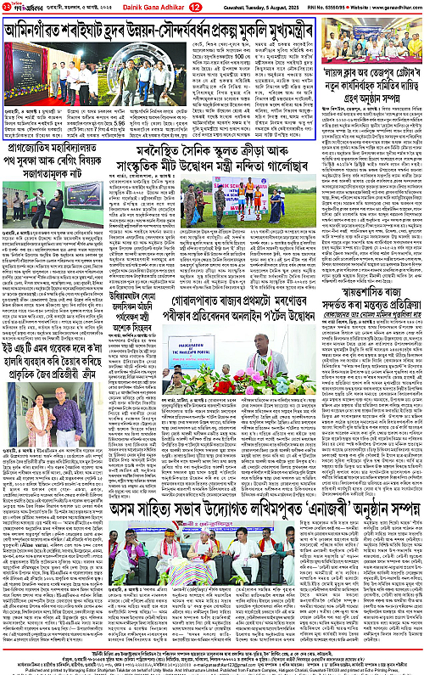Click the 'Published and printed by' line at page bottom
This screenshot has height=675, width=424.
click(x=212, y=668)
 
